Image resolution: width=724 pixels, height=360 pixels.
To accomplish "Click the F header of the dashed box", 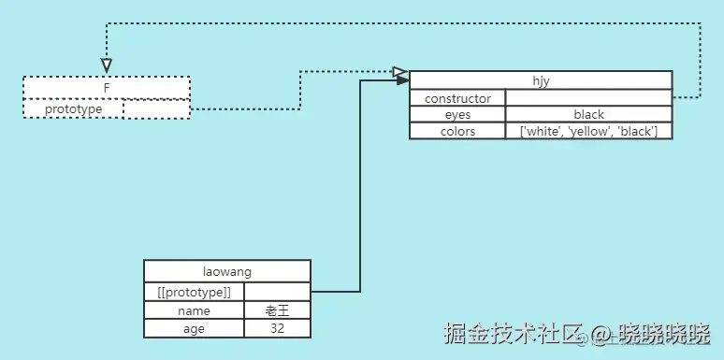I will tap(107, 87).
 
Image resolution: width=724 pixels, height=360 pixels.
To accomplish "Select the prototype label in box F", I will tap(73, 109).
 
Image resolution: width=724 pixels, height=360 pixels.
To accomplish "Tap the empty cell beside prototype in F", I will tap(156, 109).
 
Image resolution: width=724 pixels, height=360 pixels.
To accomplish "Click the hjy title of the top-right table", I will tap(541, 80).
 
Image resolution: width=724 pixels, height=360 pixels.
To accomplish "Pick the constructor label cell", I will tap(457, 98).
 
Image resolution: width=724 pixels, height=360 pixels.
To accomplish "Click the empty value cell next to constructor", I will tap(588, 98).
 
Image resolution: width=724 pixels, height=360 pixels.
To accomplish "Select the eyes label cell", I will tap(457, 115).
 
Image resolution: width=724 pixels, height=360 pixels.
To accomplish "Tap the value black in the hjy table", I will tap(588, 115).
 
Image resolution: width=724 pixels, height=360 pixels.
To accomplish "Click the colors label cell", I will tap(457, 132).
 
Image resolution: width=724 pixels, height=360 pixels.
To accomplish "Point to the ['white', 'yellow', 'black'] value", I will tap(588, 132).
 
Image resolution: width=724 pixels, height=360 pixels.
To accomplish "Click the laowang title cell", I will tap(227, 272).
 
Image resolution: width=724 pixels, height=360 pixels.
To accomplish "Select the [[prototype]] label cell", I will tap(194, 293).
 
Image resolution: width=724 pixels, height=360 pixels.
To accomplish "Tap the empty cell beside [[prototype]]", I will tap(277, 293).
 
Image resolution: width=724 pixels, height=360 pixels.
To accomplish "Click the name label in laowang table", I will tap(194, 310).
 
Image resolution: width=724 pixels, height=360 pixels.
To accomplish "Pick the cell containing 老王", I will tap(277, 310).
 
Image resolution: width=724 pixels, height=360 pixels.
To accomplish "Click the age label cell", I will tap(194, 329).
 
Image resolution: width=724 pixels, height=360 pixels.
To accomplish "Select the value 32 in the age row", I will tap(277, 329).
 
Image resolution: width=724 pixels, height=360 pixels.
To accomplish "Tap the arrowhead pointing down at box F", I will tap(107, 65).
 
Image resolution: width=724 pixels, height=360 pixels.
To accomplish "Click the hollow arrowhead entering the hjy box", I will tap(400, 72).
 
